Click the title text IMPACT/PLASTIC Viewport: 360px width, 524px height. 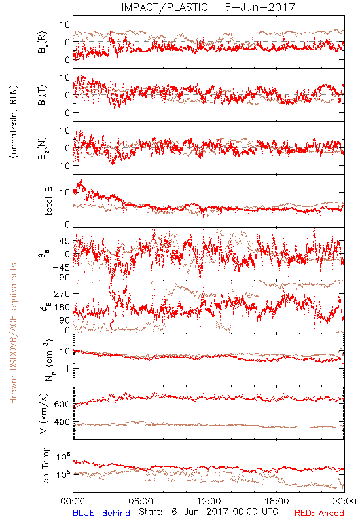[x=164, y=7]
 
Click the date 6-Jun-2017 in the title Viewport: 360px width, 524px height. [x=260, y=7]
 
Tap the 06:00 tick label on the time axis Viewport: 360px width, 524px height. [x=141, y=501]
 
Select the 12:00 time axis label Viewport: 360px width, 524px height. [x=209, y=501]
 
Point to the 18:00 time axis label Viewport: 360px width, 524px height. [x=277, y=501]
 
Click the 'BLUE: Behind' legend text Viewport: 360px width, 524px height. [x=101, y=513]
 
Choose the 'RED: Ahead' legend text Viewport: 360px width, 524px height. [x=319, y=513]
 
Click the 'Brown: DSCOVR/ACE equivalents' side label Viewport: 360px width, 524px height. [x=13, y=333]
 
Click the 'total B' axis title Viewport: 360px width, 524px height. [x=48, y=201]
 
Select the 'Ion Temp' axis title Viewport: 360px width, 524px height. [x=45, y=466]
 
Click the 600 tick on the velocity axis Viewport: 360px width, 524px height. [x=62, y=404]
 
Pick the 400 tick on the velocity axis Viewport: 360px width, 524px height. [x=62, y=422]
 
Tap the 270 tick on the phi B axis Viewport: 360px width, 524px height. [x=62, y=293]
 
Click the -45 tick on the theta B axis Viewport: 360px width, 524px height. [x=61, y=267]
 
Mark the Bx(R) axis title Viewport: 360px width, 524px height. [x=43, y=43]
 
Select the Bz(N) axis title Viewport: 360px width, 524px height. [x=43, y=149]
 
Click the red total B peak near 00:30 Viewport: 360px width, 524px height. [x=81, y=181]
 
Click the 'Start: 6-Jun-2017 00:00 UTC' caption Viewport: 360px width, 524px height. [x=208, y=512]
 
